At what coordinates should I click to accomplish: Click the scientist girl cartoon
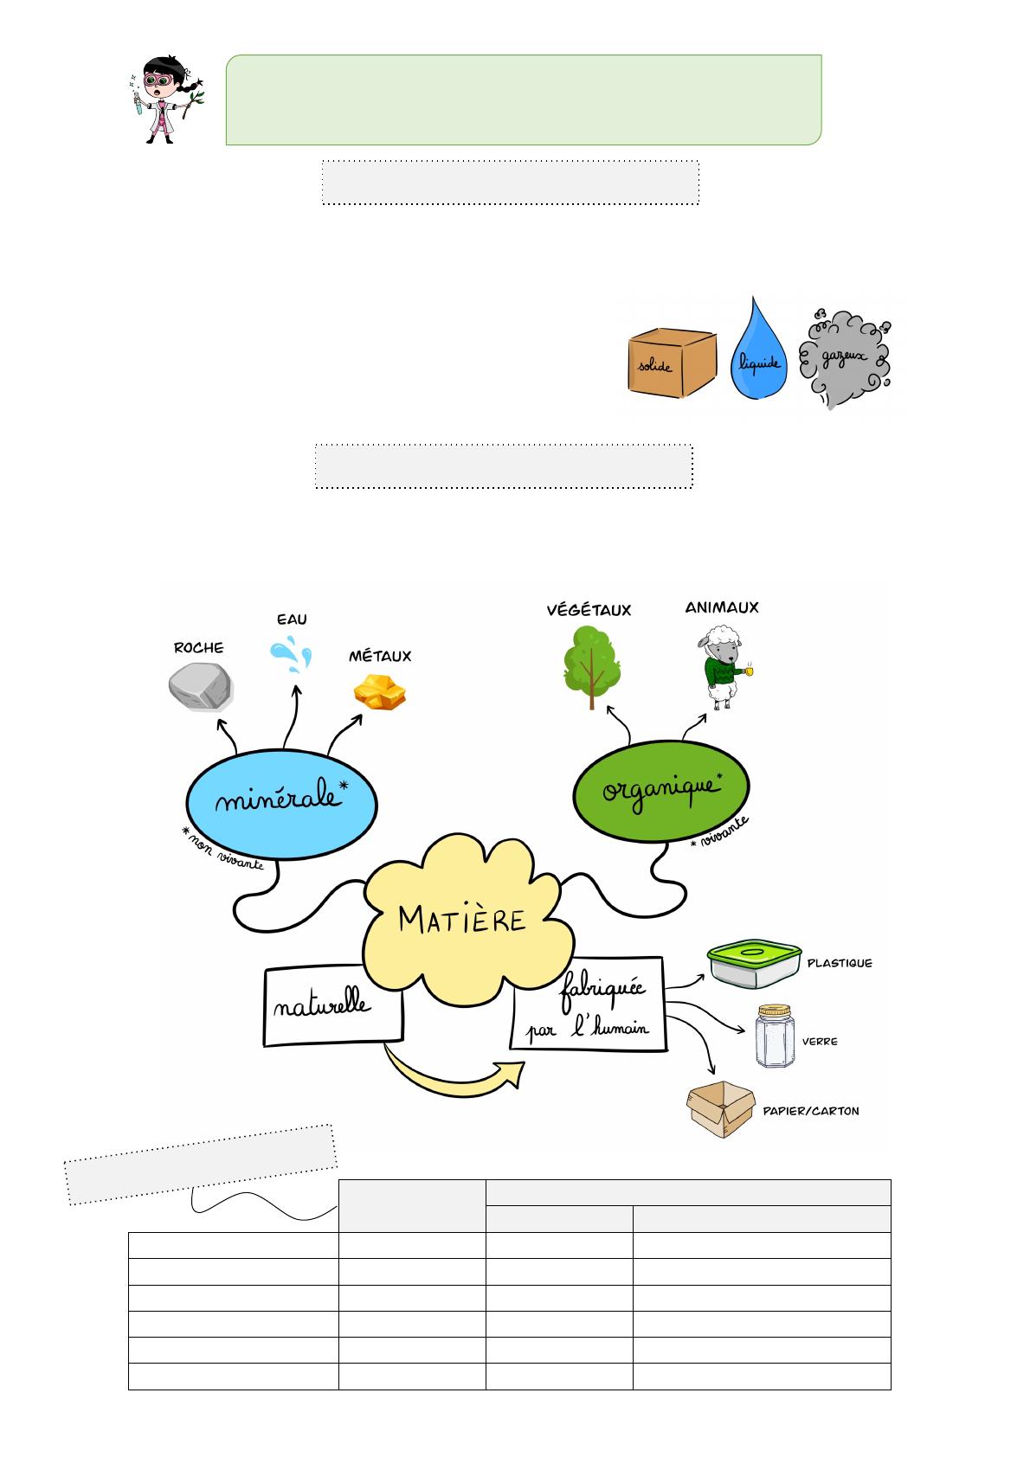165,99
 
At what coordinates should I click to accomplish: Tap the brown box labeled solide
671,362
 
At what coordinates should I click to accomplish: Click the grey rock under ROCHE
200,687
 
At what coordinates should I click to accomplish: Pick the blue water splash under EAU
291,654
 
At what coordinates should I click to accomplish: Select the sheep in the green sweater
721,666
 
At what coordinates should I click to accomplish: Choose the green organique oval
661,787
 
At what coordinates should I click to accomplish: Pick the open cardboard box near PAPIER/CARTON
720,1109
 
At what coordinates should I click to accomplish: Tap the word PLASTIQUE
839,962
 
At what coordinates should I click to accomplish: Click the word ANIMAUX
721,607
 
